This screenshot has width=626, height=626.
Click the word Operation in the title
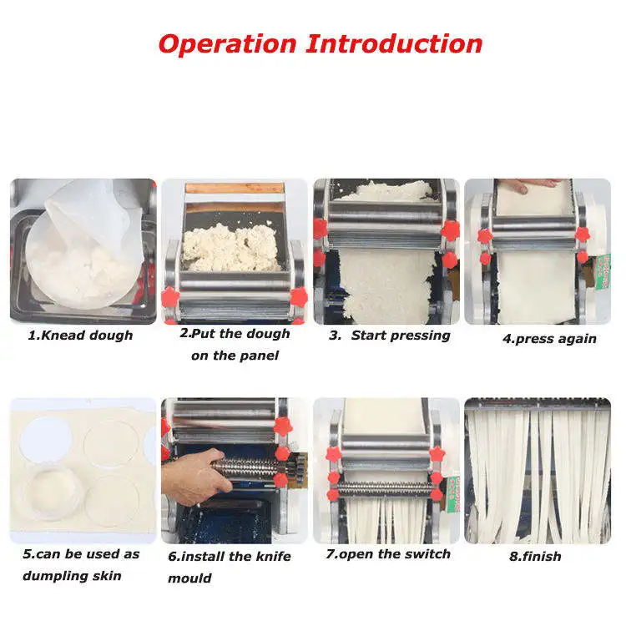(227, 43)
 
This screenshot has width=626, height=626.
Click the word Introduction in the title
(394, 43)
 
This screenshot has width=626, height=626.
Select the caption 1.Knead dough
(81, 336)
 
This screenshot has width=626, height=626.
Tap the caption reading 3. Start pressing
(389, 336)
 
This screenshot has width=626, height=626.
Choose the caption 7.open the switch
(389, 554)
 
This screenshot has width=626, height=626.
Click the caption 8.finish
(535, 556)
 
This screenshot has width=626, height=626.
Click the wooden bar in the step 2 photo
(235, 189)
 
